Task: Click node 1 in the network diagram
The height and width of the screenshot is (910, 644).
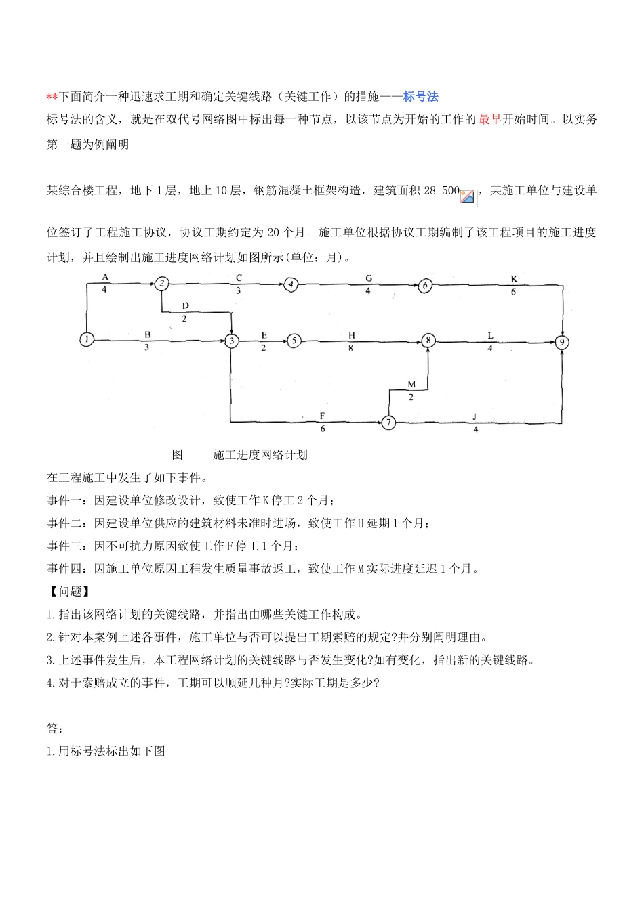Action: pos(86,340)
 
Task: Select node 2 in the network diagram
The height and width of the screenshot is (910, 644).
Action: pos(161,284)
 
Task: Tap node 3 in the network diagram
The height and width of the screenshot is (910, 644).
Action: pos(232,341)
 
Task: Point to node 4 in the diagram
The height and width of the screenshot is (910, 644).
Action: pos(291,284)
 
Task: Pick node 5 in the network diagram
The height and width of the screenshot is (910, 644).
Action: pos(293,341)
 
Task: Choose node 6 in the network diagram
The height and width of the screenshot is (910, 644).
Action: pos(425,285)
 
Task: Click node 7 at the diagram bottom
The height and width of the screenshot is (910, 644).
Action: pos(388,422)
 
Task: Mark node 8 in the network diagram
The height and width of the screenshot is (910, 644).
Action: pos(428,341)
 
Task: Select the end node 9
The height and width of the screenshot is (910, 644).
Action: pos(562,342)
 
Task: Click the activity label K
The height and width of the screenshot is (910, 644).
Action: pos(513,278)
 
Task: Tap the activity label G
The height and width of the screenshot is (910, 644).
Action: pos(369,278)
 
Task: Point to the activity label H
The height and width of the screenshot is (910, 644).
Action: pos(351,334)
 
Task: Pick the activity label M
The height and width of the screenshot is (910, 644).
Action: pos(411,385)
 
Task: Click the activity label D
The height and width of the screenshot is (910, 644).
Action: pos(185,306)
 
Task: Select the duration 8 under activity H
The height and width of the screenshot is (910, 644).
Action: pos(351,348)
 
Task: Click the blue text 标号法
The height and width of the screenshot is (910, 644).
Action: pos(420,96)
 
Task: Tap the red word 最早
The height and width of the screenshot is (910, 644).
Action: pos(489,119)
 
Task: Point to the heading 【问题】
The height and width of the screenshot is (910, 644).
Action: pos(70,591)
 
